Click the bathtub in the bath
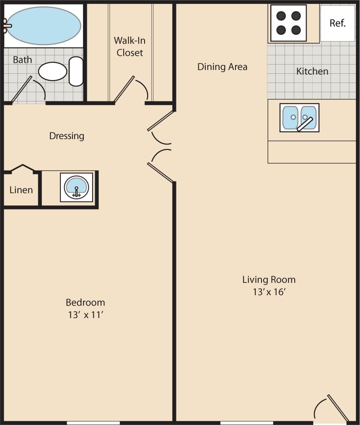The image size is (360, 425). click(43, 26)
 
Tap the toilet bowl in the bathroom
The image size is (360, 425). click(53, 71)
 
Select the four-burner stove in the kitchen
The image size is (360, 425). click(289, 23)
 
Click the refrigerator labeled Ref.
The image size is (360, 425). click(337, 23)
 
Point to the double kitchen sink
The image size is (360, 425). click(299, 117)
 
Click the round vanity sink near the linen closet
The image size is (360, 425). click(76, 187)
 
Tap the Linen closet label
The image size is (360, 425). click(21, 190)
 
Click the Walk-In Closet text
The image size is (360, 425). click(129, 47)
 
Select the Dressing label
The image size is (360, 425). click(67, 136)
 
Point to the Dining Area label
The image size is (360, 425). click(222, 67)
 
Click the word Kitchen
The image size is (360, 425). click(312, 71)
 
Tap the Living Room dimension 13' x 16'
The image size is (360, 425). click(269, 292)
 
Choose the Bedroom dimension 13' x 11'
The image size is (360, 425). click(85, 315)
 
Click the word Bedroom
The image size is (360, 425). click(85, 302)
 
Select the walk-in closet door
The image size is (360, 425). click(124, 89)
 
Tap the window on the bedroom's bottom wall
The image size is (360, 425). click(93, 422)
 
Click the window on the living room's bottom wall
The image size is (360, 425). click(246, 422)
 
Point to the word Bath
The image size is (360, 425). click(22, 60)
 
